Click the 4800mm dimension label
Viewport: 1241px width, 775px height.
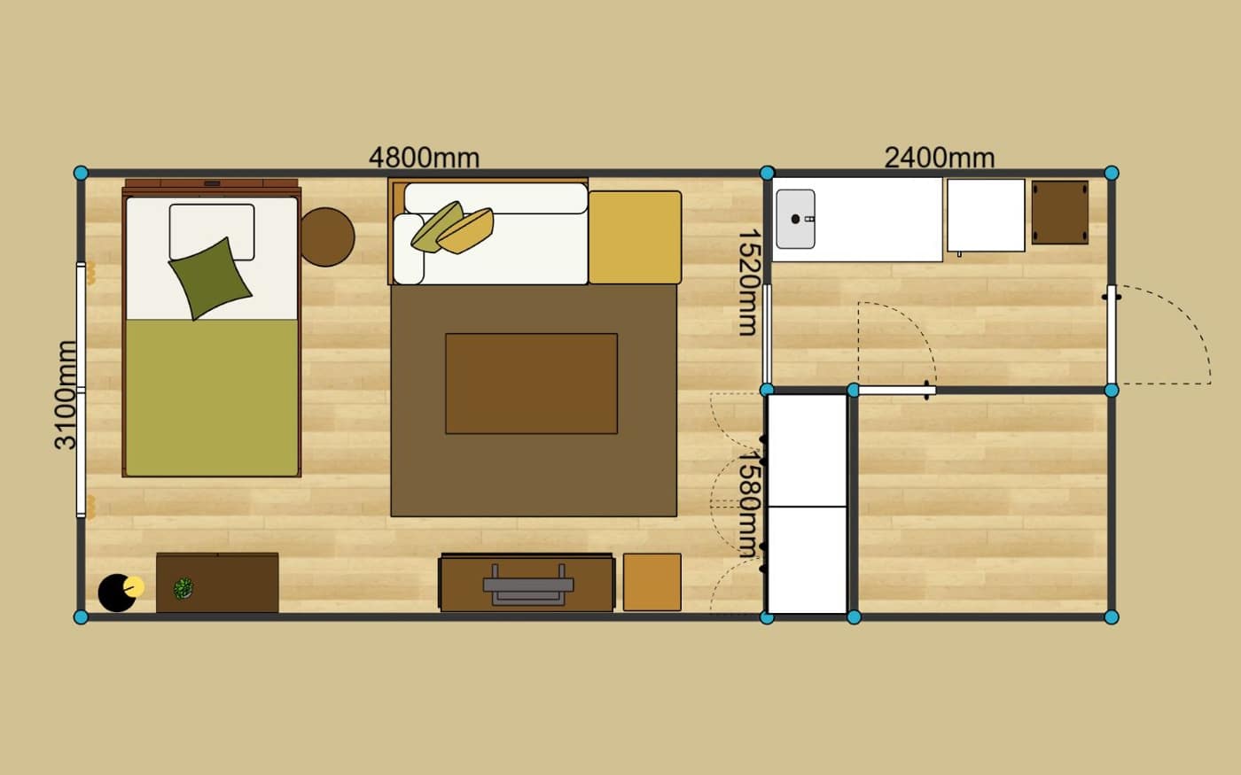click(x=424, y=158)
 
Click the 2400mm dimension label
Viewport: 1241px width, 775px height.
click(x=939, y=158)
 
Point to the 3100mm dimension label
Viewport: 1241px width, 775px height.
click(x=66, y=395)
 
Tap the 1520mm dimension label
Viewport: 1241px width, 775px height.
click(x=748, y=283)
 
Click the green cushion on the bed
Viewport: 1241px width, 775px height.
click(x=210, y=278)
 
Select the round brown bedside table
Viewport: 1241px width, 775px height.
click(x=327, y=237)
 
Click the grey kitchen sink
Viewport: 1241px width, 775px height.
click(x=796, y=220)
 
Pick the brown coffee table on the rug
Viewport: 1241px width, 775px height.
click(x=531, y=384)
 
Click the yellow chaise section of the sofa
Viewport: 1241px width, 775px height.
click(x=635, y=237)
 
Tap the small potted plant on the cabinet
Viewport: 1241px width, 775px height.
click(x=183, y=588)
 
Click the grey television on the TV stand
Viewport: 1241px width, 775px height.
click(x=528, y=585)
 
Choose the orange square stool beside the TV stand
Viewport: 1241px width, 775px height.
click(x=652, y=583)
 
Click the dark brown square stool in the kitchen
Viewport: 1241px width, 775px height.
click(x=1060, y=213)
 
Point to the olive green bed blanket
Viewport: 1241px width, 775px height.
click(x=212, y=398)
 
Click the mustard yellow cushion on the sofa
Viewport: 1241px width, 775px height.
click(x=466, y=231)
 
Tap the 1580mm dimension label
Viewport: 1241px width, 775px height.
click(x=748, y=504)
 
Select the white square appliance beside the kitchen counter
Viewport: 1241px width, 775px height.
click(x=986, y=215)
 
